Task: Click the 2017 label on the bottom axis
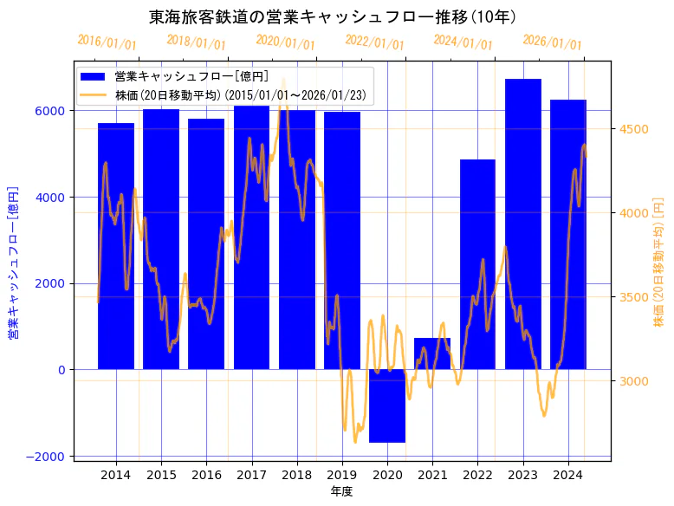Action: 251,475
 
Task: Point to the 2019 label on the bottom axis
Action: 342,475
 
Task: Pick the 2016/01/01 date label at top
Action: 107,42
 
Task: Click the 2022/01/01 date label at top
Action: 374,42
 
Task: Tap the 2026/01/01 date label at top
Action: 552,42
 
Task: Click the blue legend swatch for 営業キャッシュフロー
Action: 94,77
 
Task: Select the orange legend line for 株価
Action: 94,94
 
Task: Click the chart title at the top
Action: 333,17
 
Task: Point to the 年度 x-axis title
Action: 341,491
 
